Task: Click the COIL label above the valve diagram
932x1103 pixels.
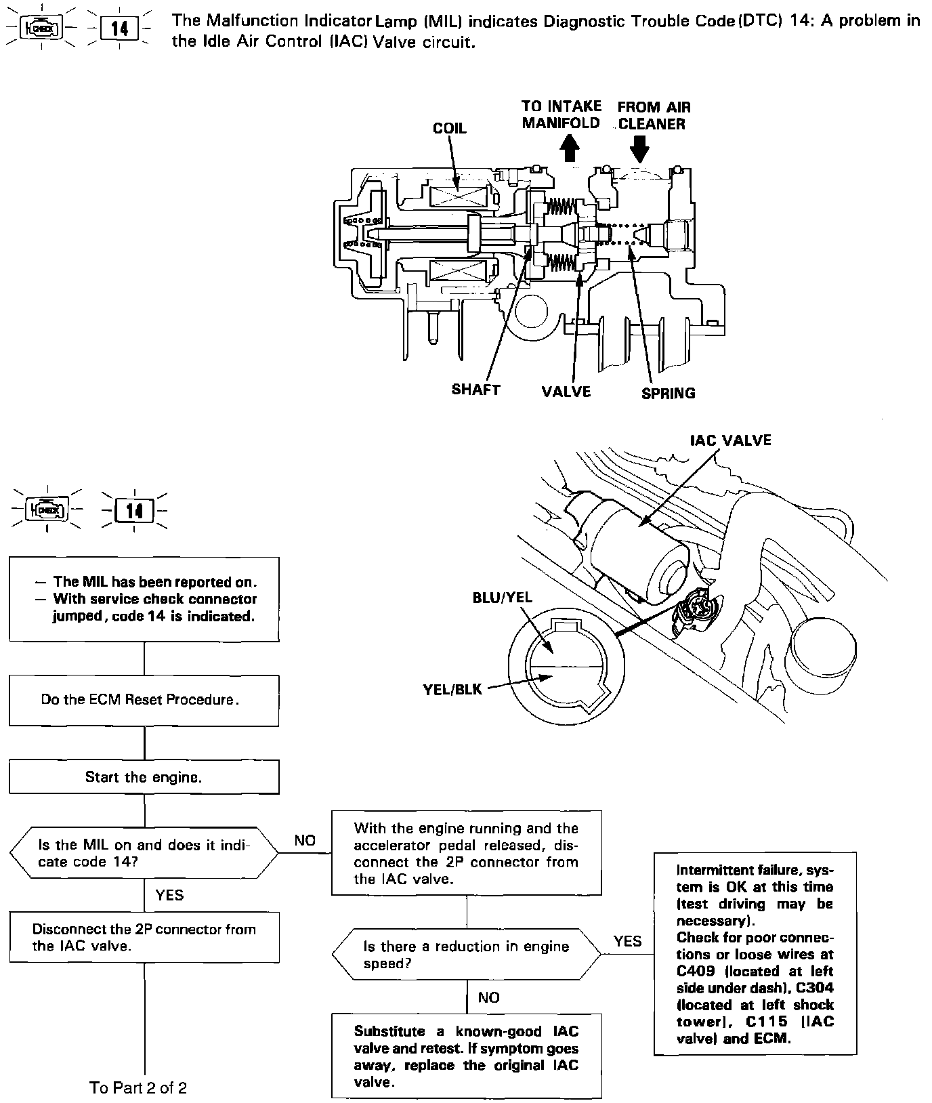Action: [450, 128]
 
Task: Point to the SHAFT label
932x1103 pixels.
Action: [475, 390]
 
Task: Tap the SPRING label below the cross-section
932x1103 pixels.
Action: [668, 393]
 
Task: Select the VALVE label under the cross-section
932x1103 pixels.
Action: [566, 392]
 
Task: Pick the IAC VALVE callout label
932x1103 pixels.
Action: [730, 440]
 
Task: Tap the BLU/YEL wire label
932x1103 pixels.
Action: [503, 598]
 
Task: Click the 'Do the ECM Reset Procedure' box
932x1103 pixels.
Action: [144, 700]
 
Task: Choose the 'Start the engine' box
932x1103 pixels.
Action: [144, 777]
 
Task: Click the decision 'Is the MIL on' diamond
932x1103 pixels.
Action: [144, 853]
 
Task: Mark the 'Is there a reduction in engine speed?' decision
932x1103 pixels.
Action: [466, 954]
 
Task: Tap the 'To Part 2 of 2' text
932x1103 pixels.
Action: [138, 1088]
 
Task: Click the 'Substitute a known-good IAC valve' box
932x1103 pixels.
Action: [466, 1056]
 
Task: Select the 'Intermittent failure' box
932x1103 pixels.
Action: [755, 954]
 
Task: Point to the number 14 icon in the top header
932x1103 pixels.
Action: [119, 28]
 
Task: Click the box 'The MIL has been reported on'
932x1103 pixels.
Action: [144, 599]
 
